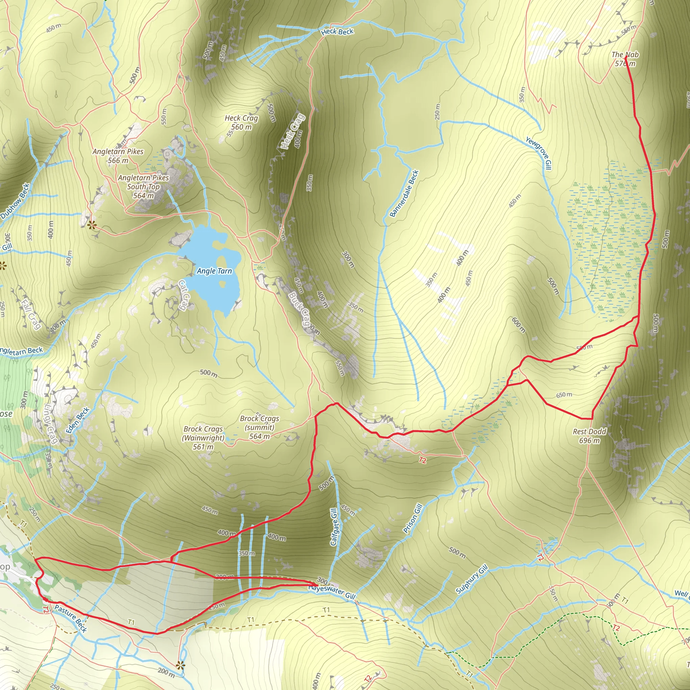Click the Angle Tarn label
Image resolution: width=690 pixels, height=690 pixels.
[214, 271]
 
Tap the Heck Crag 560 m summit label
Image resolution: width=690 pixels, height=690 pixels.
[242, 123]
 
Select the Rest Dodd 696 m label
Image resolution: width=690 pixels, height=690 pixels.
[589, 436]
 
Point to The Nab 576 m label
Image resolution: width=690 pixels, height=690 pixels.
[625, 59]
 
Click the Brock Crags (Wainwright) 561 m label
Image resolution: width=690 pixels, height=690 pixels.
[203, 438]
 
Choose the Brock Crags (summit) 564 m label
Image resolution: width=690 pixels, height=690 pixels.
[260, 427]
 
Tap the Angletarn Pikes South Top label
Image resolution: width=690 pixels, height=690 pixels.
[143, 186]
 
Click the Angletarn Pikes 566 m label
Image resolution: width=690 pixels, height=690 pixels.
[118, 156]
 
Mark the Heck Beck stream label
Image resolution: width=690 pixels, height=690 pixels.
[337, 32]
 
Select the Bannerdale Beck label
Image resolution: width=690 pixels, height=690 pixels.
[404, 194]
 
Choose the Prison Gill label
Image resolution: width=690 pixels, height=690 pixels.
[413, 519]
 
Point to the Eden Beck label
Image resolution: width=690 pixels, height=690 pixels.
[77, 420]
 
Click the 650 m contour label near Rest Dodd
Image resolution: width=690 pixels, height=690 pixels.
[564, 395]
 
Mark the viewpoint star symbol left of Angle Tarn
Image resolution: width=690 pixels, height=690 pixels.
[92, 225]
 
